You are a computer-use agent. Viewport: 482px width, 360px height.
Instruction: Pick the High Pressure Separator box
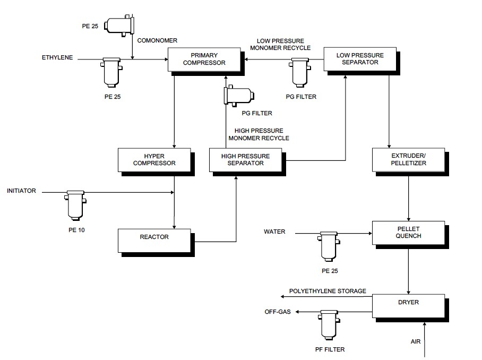[x=245, y=159]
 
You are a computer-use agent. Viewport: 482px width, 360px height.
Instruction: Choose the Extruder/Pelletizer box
[x=408, y=159]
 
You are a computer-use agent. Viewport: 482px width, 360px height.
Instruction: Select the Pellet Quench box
[x=408, y=232]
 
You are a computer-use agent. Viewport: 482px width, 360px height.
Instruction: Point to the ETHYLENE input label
[x=57, y=57]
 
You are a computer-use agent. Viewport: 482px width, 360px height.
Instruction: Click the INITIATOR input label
[x=22, y=191]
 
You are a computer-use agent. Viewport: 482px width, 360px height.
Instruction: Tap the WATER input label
[x=274, y=232]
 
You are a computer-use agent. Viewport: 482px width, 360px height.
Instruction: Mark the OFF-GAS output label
[x=278, y=312]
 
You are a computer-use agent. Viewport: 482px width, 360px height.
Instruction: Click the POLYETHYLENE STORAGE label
[x=328, y=292]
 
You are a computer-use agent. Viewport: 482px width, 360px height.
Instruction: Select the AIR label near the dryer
[x=415, y=341]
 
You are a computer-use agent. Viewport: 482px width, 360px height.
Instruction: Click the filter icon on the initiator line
[x=75, y=204]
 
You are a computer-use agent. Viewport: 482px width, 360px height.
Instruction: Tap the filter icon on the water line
[x=329, y=245]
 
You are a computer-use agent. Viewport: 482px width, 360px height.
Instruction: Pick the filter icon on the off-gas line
[x=329, y=325]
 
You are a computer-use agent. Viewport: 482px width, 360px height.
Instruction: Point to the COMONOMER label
[x=157, y=40]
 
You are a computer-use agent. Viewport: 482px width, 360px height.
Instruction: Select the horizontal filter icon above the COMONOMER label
[x=119, y=25]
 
